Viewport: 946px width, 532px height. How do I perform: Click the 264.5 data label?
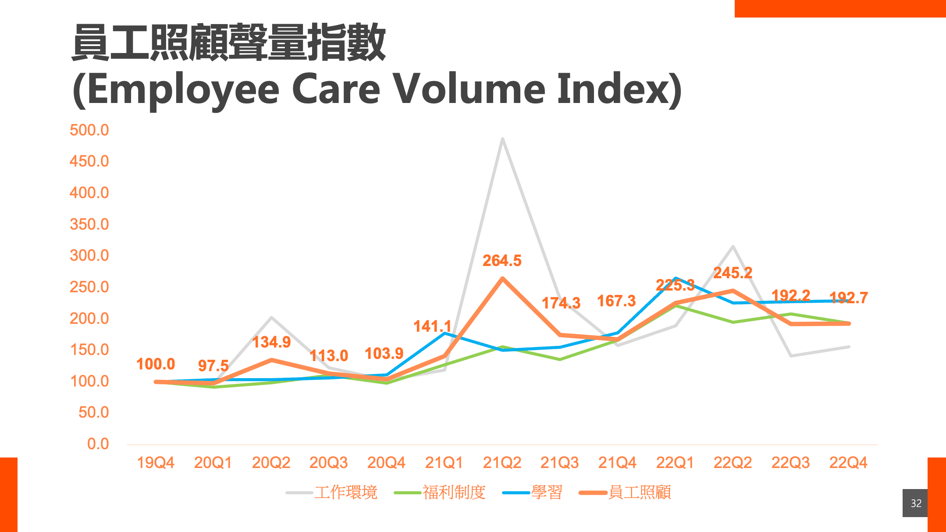(502, 261)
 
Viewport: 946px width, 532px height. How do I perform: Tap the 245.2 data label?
(733, 273)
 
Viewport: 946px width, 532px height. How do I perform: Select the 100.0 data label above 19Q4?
(156, 364)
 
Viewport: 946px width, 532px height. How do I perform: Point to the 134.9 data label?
(271, 342)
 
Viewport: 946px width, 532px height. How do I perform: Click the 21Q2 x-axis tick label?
(502, 463)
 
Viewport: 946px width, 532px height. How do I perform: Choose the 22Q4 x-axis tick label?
(848, 463)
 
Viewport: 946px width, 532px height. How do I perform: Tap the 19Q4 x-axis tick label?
(156, 463)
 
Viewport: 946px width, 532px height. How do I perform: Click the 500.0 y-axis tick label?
(89, 130)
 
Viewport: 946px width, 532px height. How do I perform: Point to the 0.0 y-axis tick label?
(98, 444)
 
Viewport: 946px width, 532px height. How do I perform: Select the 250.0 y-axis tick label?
(89, 287)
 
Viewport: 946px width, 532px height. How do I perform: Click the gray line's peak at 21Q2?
(502, 139)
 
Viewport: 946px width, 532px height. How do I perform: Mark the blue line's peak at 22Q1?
(676, 278)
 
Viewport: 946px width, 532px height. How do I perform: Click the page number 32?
(916, 503)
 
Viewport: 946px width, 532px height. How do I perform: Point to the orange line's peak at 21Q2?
(502, 278)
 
